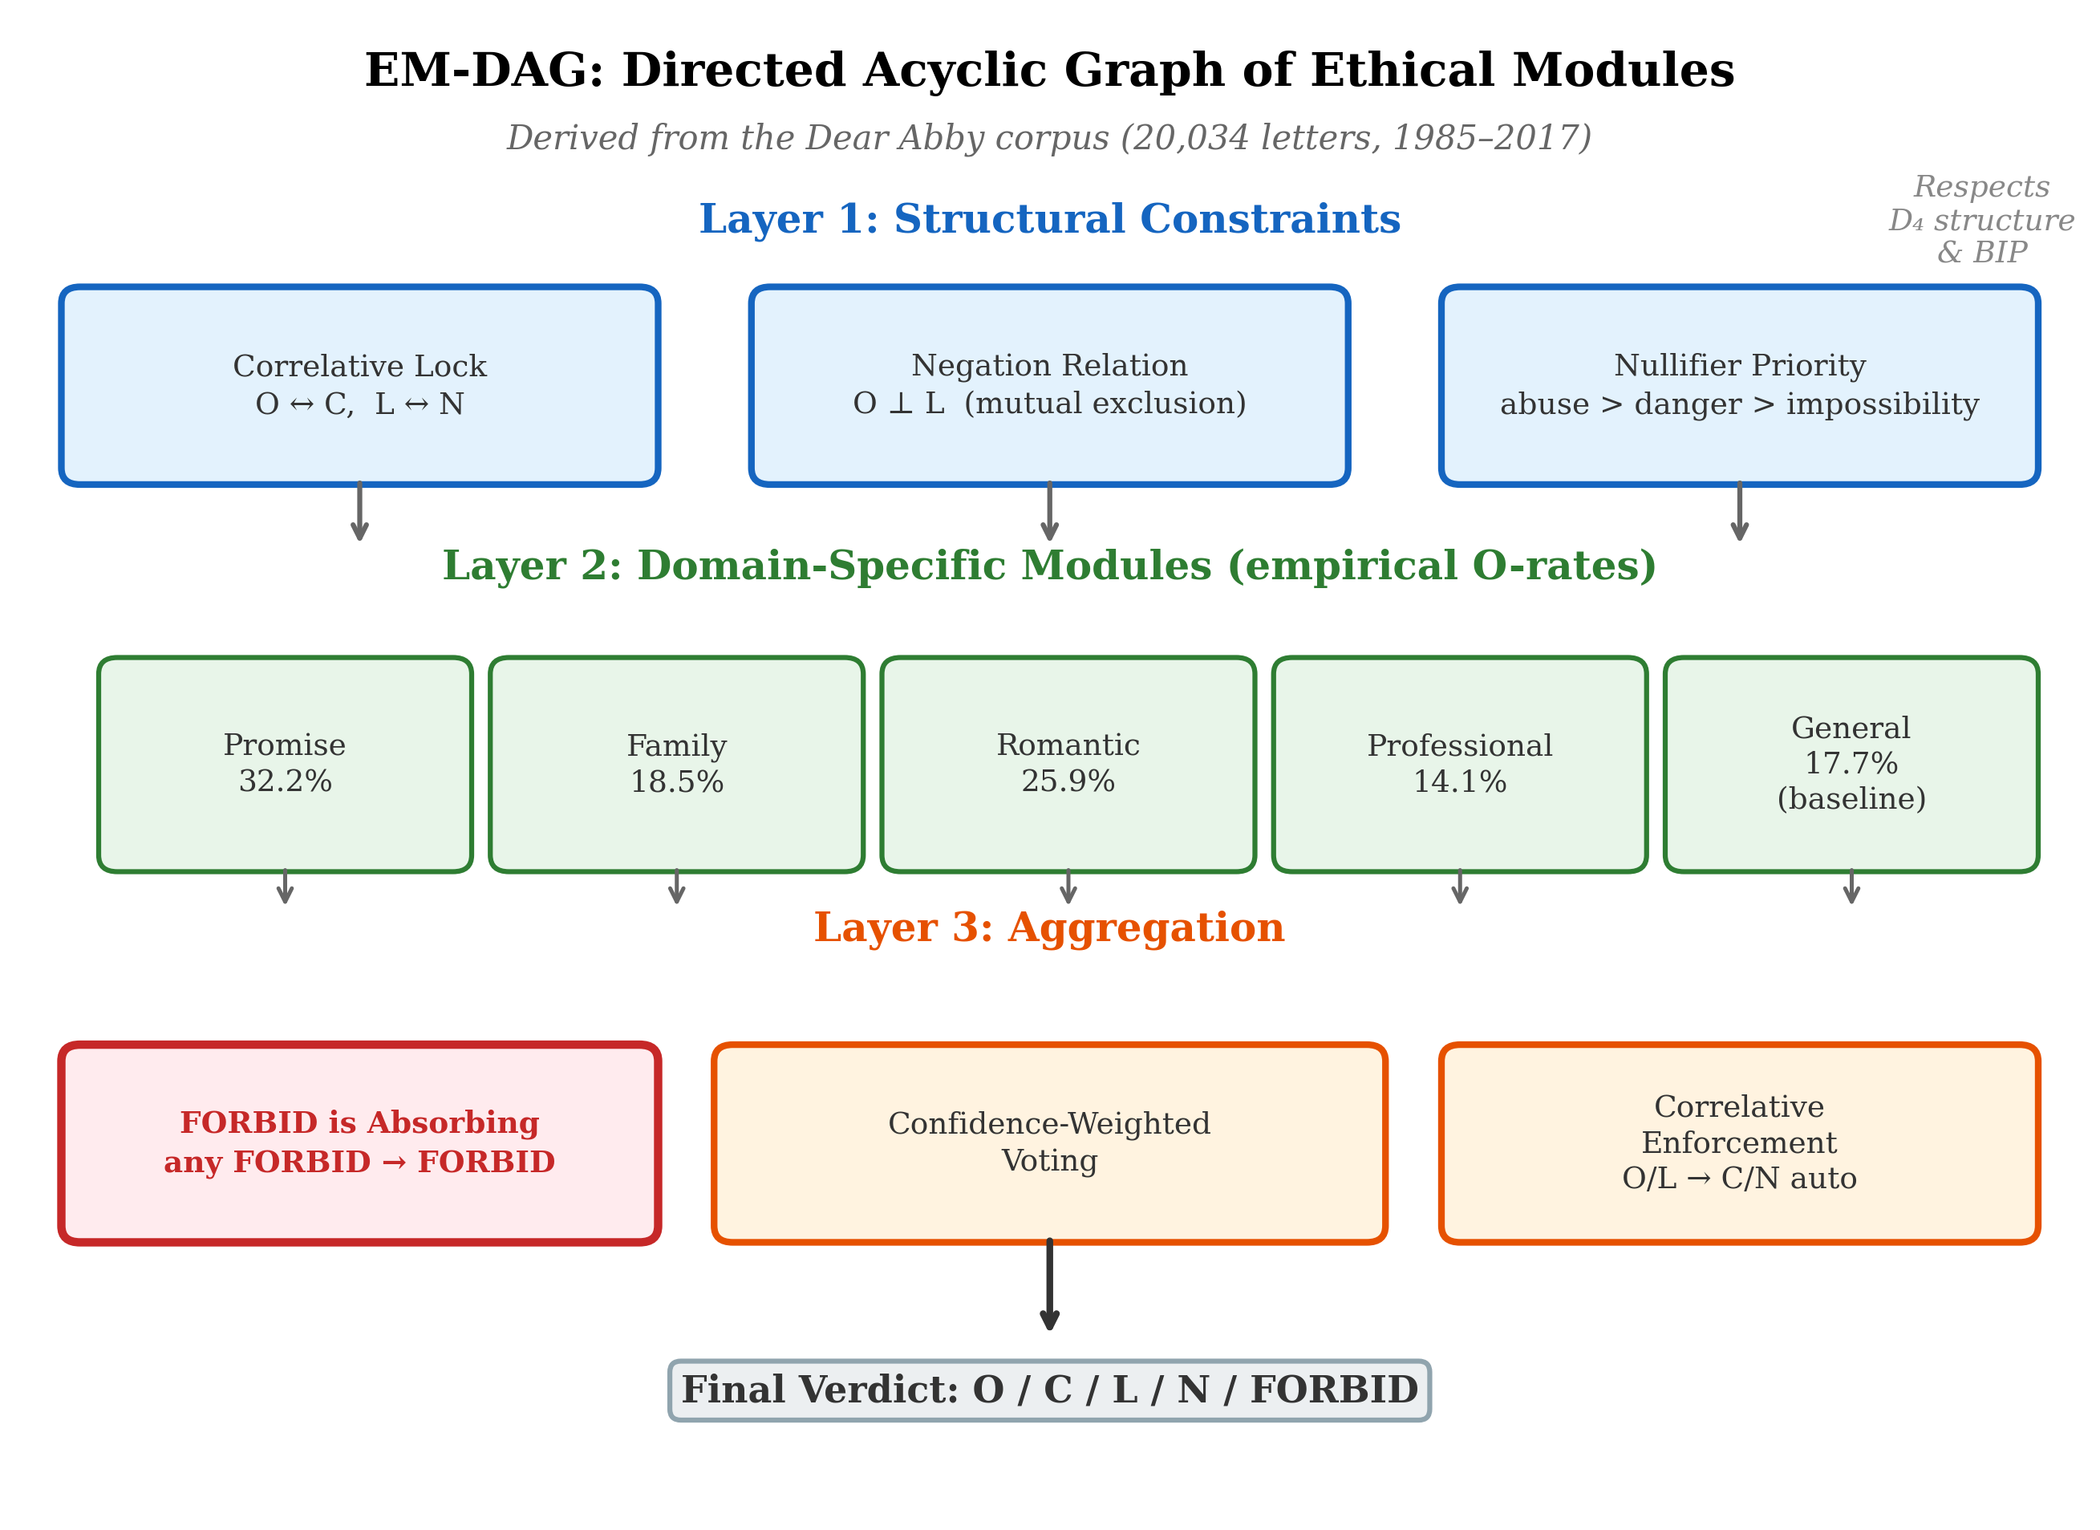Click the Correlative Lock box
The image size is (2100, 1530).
(359, 385)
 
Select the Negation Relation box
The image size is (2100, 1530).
(1049, 385)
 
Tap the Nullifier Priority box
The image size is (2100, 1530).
(1739, 385)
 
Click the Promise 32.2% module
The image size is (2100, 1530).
(286, 764)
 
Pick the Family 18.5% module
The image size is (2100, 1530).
(677, 764)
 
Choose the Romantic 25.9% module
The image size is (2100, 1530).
(1068, 764)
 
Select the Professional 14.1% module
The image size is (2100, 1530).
(1459, 764)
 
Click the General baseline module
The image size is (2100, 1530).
(1851, 764)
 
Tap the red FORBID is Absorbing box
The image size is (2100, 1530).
(359, 1142)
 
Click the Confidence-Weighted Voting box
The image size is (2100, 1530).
(1049, 1142)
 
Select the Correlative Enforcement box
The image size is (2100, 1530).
(1739, 1142)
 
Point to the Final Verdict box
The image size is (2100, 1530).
(1049, 1390)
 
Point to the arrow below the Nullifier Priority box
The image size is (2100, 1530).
(1739, 511)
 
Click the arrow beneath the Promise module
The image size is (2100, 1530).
(286, 887)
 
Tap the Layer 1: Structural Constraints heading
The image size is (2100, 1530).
(1049, 220)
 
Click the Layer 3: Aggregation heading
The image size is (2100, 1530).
(1049, 928)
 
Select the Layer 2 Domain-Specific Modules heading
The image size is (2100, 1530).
(1049, 566)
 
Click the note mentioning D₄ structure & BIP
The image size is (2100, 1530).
(1981, 220)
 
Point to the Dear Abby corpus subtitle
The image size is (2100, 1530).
(1049, 138)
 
